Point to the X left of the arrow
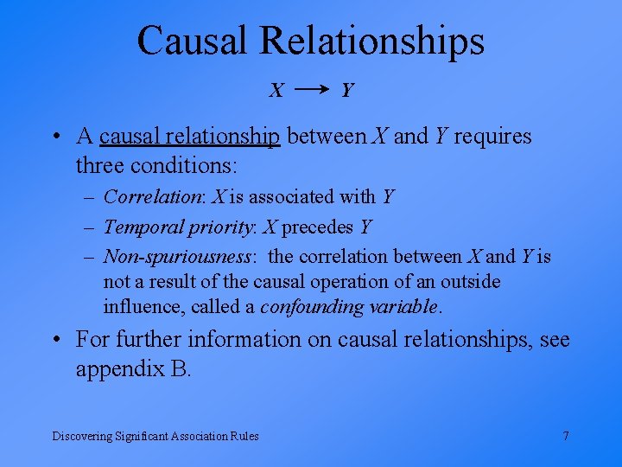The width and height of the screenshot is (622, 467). click(x=276, y=90)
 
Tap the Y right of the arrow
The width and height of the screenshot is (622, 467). click(x=346, y=90)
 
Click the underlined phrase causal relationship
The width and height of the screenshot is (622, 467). click(x=190, y=137)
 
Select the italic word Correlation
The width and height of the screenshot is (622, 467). click(x=151, y=197)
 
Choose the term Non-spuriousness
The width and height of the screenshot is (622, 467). click(x=178, y=256)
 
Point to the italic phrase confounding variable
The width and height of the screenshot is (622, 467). click(x=350, y=306)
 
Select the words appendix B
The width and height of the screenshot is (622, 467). click(x=133, y=369)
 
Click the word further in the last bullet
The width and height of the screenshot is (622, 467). click(x=148, y=340)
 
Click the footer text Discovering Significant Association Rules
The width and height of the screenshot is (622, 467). click(x=155, y=436)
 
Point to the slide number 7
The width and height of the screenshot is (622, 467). click(x=566, y=436)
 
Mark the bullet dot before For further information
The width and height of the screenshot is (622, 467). click(x=55, y=340)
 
